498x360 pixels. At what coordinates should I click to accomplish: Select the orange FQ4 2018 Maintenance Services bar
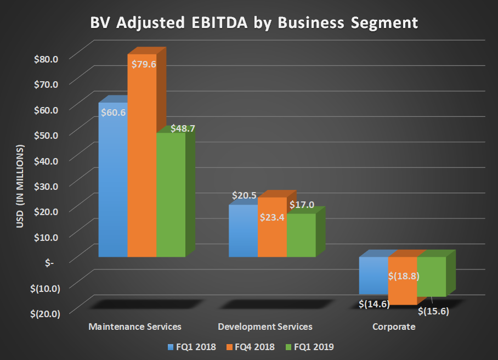pos(142,165)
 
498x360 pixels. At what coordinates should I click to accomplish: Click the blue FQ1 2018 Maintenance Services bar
pos(113,187)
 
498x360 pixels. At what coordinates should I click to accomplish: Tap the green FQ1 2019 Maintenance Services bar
pos(171,198)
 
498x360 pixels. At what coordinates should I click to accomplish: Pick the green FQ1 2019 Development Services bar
pos(301,236)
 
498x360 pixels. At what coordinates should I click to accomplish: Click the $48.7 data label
pos(183,128)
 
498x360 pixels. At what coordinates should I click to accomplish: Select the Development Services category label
pos(265,327)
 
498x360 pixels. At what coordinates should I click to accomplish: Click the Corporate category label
pos(394,327)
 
